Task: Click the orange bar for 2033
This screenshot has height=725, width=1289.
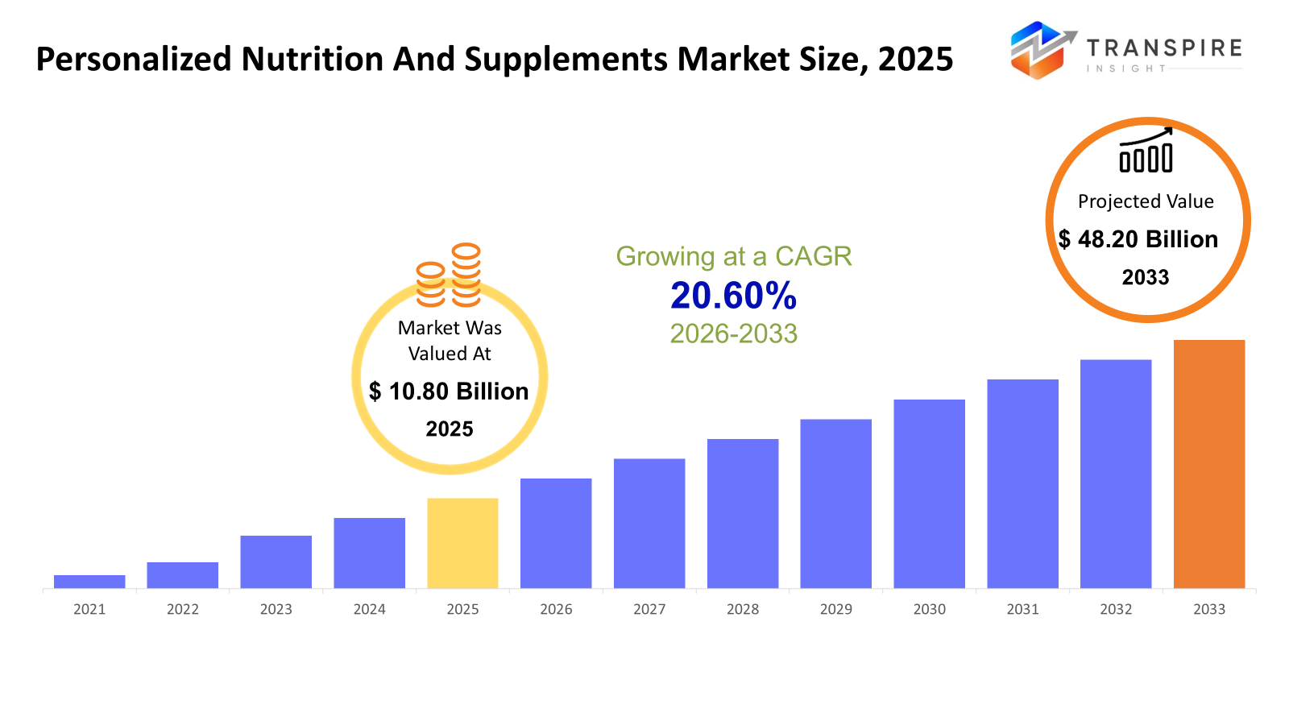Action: (x=1208, y=464)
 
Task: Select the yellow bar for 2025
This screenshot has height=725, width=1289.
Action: (x=462, y=543)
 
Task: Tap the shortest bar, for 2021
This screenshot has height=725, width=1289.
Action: (x=89, y=582)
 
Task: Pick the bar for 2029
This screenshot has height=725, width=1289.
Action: (x=835, y=503)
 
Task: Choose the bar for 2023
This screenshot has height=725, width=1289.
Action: (x=276, y=561)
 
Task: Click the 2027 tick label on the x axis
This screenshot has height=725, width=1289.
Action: (x=649, y=609)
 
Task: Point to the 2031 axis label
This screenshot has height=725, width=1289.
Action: (x=1022, y=609)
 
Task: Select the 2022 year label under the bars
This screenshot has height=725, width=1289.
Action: (x=183, y=609)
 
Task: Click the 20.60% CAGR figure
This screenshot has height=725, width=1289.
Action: (x=733, y=296)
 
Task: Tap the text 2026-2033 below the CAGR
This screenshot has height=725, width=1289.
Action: (x=733, y=333)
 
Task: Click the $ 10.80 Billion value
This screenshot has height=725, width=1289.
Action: (x=449, y=391)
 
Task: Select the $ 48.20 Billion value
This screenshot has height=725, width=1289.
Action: (x=1138, y=239)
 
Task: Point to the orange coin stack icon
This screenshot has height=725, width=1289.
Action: (x=449, y=275)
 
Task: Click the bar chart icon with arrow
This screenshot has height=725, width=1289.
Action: (x=1146, y=151)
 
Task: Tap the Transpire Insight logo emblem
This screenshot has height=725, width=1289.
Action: (x=1042, y=50)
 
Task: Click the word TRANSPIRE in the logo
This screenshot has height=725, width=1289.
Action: (x=1164, y=48)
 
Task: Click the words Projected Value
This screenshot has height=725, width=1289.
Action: (x=1146, y=201)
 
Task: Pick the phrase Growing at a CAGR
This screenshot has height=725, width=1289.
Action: (x=733, y=256)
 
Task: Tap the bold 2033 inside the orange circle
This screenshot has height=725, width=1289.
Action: (x=1146, y=277)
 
